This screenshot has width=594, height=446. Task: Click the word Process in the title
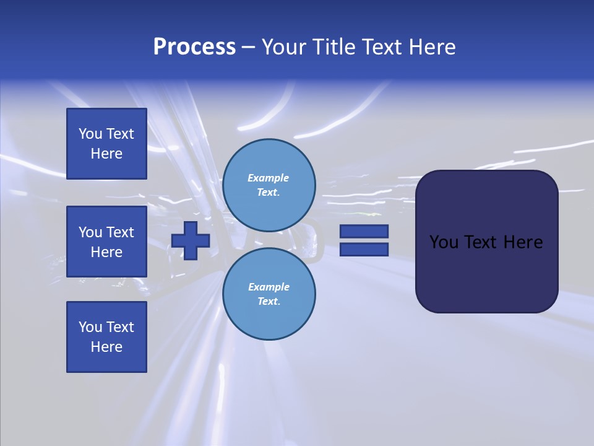194,47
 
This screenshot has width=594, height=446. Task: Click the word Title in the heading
332,47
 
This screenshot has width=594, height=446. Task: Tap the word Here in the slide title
431,47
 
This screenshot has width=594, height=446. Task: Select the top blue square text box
106,144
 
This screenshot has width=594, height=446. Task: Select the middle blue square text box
106,242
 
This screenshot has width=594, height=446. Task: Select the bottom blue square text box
106,337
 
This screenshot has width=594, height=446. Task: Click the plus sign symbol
191,240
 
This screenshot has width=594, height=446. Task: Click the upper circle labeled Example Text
269,185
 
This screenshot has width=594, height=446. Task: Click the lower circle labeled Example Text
269,294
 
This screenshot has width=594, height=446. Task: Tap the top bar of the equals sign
364,231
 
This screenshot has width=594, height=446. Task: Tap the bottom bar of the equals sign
364,249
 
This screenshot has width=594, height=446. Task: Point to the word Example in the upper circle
269,178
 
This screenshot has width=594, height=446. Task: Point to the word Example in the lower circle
269,287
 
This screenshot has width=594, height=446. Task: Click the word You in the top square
90,134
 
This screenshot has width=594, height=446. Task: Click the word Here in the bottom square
106,347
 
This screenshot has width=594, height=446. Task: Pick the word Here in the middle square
106,252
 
